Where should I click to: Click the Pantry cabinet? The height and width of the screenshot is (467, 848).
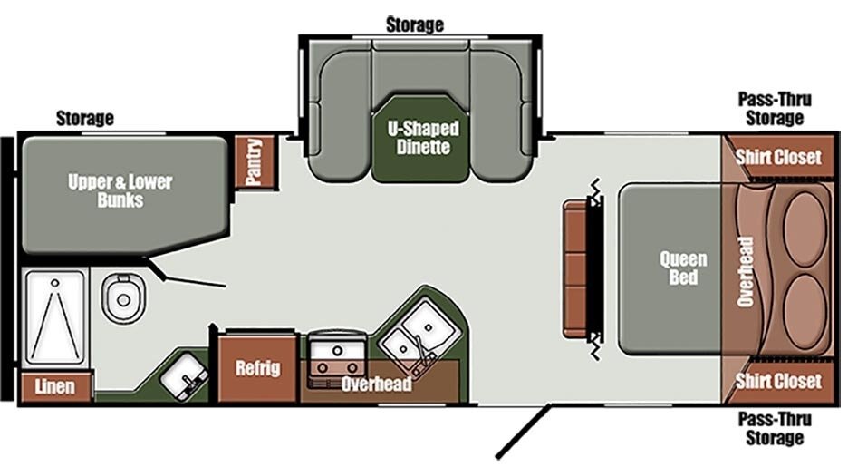(255, 161)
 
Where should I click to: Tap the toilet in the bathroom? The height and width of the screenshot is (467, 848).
(124, 298)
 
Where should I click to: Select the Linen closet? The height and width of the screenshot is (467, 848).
(55, 386)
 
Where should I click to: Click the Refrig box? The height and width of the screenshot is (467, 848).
(257, 368)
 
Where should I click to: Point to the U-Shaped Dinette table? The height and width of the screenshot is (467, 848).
(420, 139)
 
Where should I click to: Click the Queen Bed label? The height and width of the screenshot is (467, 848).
(683, 268)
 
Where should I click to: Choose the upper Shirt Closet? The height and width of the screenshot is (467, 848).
(778, 157)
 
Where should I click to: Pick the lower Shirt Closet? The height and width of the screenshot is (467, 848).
(778, 381)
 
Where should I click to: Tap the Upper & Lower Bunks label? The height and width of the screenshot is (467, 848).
(120, 190)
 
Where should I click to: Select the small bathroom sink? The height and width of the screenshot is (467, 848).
(183, 375)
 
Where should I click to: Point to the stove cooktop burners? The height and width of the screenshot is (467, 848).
(337, 360)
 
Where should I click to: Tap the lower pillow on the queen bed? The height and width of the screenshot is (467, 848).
(805, 311)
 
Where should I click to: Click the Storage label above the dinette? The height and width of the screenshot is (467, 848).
(415, 24)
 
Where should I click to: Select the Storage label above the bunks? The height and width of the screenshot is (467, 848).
(85, 118)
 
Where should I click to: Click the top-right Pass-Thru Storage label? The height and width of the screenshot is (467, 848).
(775, 109)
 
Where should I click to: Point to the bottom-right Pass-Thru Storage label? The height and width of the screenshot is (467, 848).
(775, 428)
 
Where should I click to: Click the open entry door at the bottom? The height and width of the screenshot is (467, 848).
(524, 432)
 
